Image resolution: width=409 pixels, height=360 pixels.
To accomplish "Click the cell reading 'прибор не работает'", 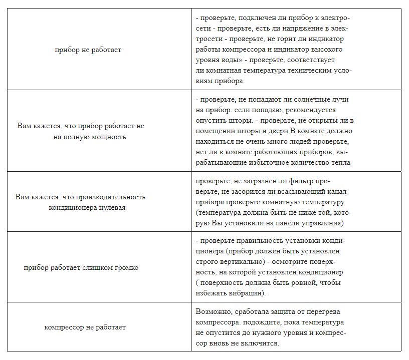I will click(88, 50).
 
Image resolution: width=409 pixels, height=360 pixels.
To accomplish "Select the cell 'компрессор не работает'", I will click(85, 327).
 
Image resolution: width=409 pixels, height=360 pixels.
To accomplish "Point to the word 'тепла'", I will click(341, 162).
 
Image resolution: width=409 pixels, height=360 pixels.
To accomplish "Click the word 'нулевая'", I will click(111, 207).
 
